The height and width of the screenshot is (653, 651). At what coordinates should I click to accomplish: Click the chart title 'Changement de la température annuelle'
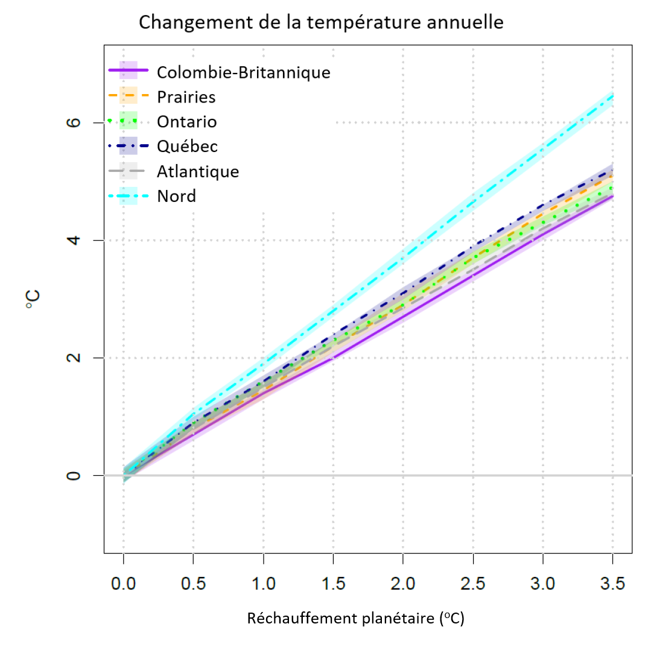[x=321, y=23]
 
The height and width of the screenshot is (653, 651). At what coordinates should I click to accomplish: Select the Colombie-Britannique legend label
[x=243, y=72]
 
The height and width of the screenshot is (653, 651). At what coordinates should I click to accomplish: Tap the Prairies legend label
[x=186, y=97]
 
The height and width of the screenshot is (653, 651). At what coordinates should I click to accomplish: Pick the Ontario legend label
[x=186, y=122]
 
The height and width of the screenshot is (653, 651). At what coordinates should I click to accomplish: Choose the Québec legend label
[x=187, y=147]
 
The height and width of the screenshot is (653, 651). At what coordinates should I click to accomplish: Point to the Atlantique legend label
[x=198, y=171]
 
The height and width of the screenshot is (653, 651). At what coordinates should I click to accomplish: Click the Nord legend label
[x=176, y=196]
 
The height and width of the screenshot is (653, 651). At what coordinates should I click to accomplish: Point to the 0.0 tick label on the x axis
[x=124, y=584]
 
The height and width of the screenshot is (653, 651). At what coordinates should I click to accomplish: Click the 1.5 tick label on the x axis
[x=333, y=584]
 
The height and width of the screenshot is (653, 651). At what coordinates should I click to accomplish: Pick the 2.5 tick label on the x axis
[x=473, y=584]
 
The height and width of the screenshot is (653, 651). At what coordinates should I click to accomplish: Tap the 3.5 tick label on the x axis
[x=613, y=584]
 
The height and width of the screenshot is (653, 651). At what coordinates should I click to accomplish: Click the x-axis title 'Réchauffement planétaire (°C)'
[x=355, y=619]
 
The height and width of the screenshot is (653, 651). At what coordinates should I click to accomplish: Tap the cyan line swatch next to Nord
[x=128, y=196]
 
